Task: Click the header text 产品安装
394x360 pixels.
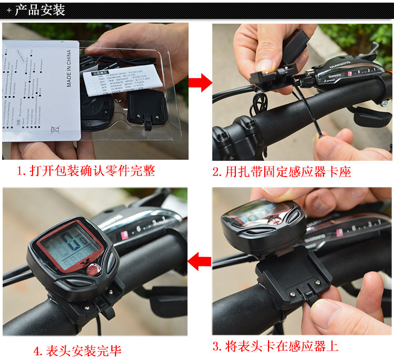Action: click(x=40, y=9)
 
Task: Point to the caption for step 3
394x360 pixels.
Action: click(x=275, y=346)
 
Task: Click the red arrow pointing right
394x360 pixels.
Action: click(x=200, y=82)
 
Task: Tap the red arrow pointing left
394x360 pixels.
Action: click(x=200, y=260)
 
